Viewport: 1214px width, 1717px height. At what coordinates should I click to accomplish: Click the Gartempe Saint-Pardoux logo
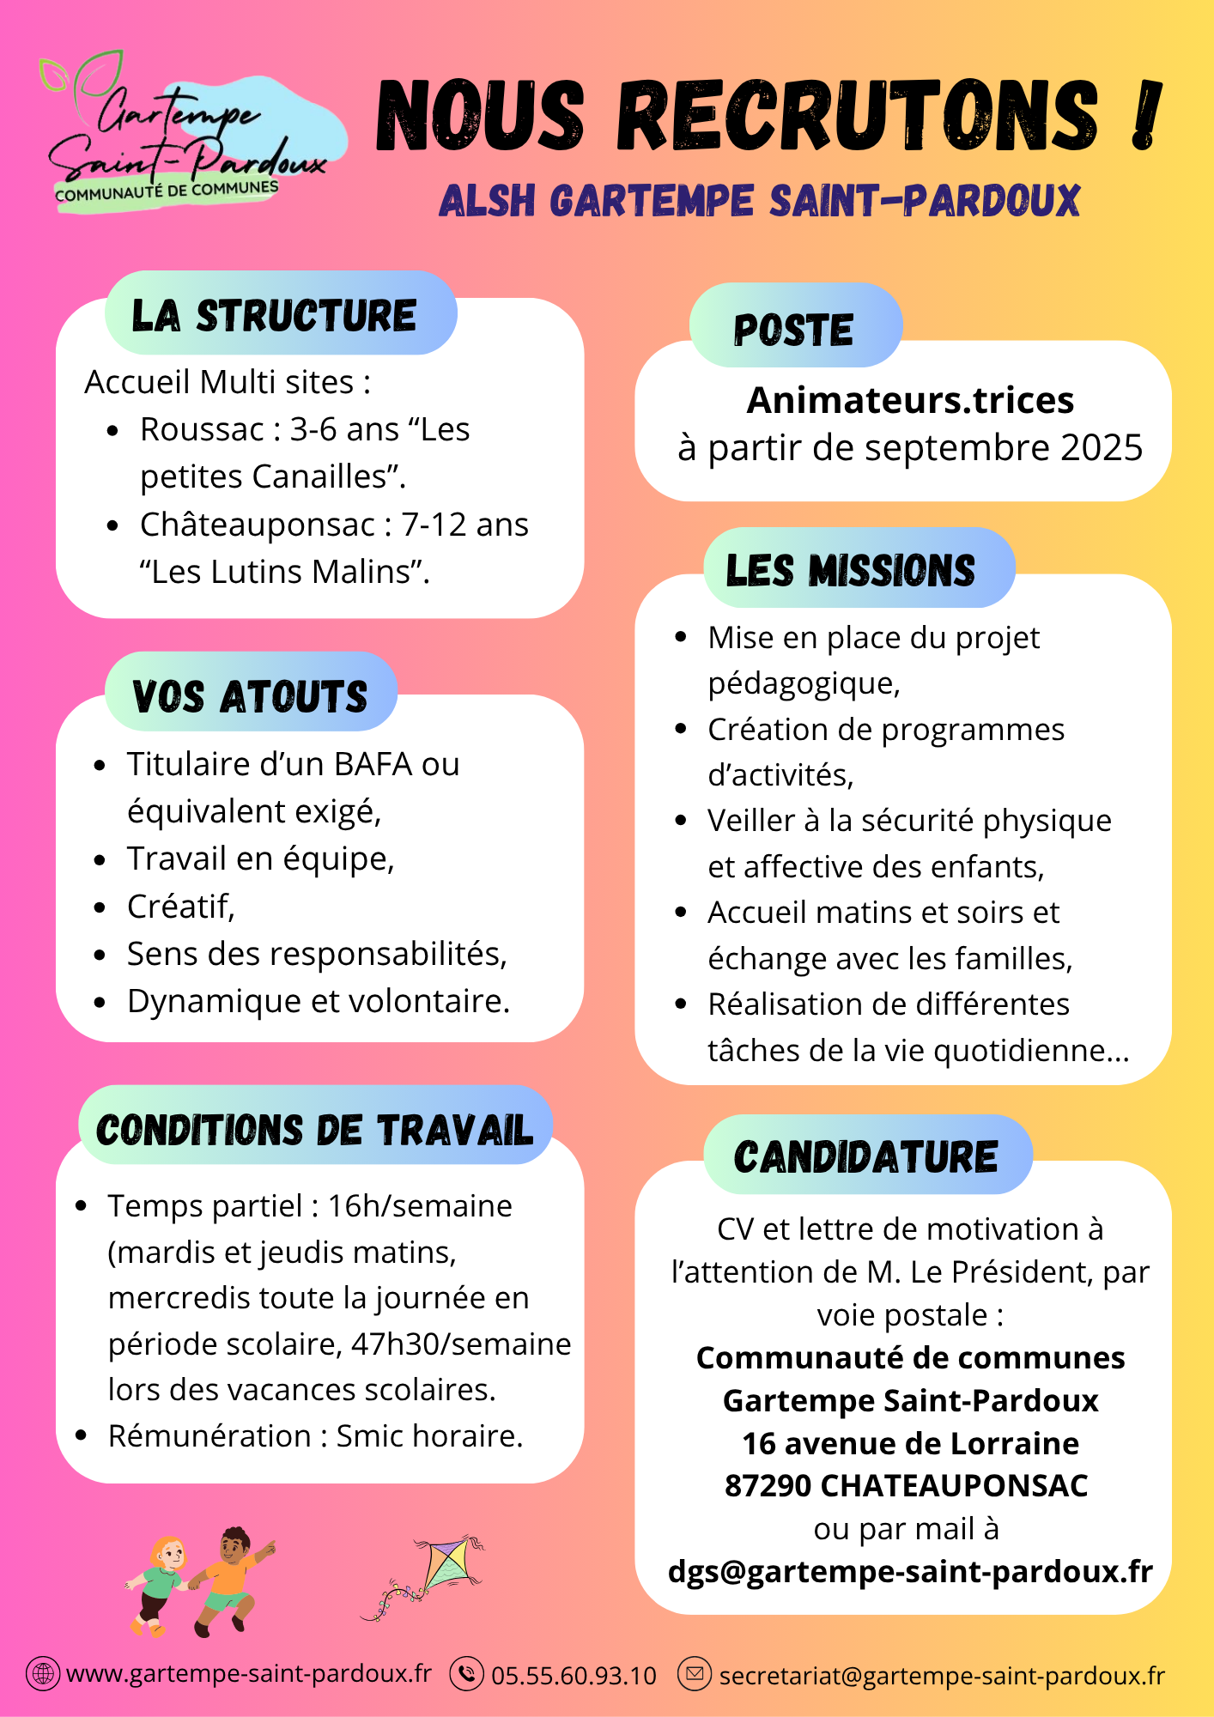(185, 133)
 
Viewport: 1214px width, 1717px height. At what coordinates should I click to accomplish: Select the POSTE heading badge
(794, 330)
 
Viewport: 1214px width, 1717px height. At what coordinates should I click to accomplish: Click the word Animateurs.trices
(910, 400)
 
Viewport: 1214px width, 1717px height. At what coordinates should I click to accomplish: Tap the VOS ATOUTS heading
(250, 695)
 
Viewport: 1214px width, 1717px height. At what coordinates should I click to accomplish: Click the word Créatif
(180, 907)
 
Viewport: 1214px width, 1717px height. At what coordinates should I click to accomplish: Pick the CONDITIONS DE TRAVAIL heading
(314, 1130)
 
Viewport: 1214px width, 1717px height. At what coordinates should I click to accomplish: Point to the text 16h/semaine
(420, 1206)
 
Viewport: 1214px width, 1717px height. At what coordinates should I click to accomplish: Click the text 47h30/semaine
(461, 1344)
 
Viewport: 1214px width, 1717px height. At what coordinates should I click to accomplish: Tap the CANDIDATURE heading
(866, 1157)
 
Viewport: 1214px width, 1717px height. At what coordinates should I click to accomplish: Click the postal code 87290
(768, 1486)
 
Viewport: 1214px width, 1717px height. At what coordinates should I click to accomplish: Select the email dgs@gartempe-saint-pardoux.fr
(910, 1572)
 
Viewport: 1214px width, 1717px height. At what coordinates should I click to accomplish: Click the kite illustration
(429, 1575)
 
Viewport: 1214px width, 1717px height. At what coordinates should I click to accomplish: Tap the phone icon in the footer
(467, 1673)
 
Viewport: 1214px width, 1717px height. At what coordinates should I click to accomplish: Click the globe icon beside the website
(43, 1673)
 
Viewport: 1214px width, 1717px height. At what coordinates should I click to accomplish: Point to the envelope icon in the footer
(695, 1673)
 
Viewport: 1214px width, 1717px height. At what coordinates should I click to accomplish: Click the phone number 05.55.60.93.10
(574, 1676)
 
